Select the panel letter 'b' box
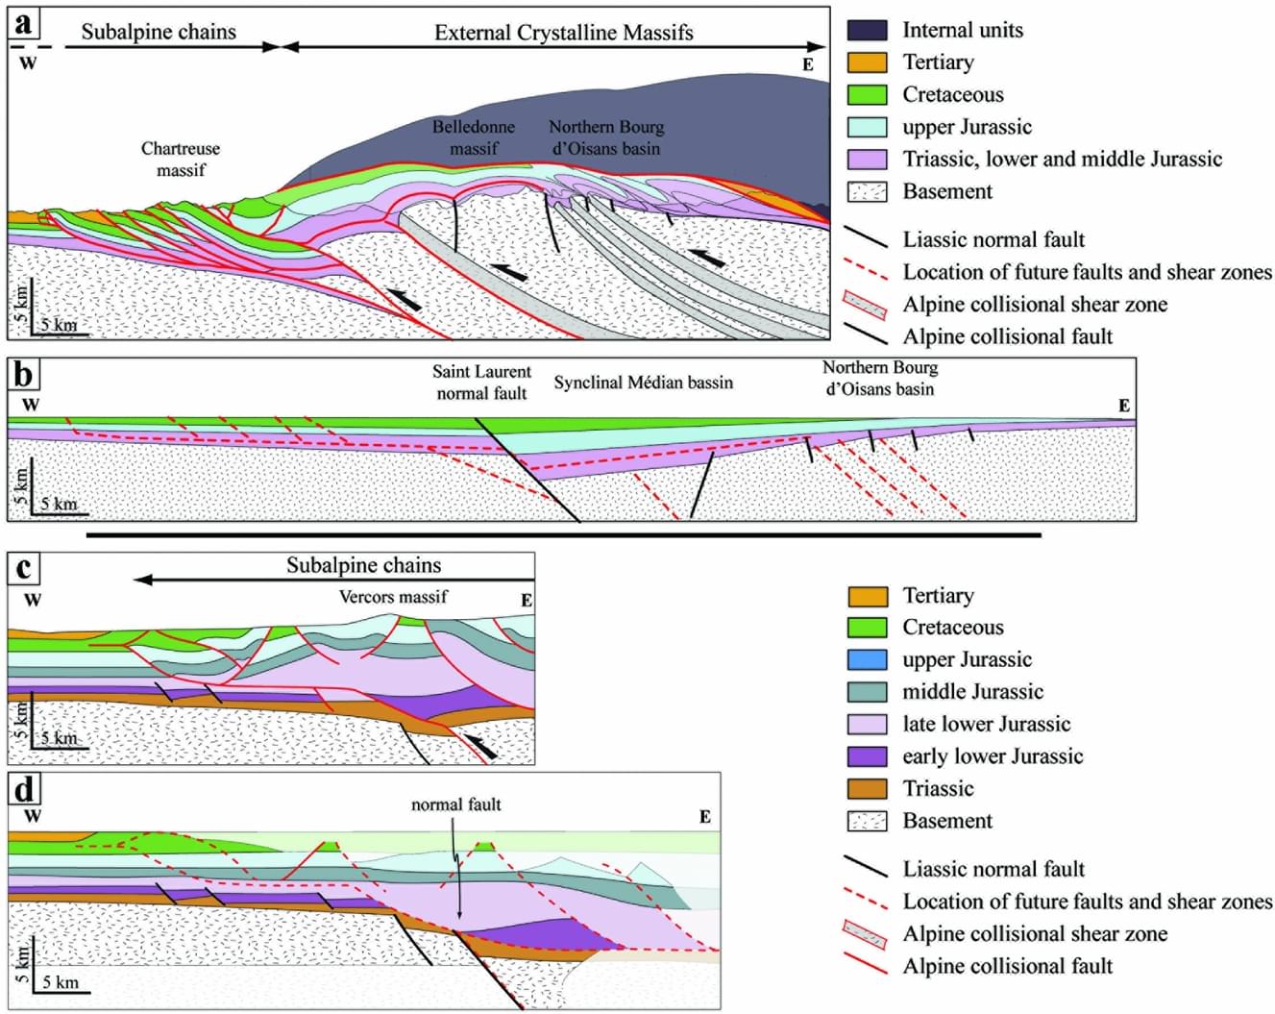click(x=24, y=375)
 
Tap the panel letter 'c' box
click(x=24, y=568)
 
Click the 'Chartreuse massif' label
click(x=181, y=160)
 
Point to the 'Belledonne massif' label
click(x=473, y=137)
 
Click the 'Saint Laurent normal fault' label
click(x=481, y=383)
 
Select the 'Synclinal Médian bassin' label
click(x=643, y=383)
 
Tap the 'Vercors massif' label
click(x=393, y=597)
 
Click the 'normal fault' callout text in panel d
click(x=455, y=804)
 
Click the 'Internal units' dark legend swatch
click(x=867, y=30)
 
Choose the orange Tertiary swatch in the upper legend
click(x=867, y=62)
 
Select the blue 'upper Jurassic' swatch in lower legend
click(x=867, y=659)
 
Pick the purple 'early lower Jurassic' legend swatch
click(x=867, y=756)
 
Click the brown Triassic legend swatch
click(x=867, y=789)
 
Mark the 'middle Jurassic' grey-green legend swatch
click(x=867, y=692)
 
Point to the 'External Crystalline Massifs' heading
click(x=563, y=33)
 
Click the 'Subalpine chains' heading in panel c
click(x=363, y=565)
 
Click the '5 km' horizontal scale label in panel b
click(x=59, y=504)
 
